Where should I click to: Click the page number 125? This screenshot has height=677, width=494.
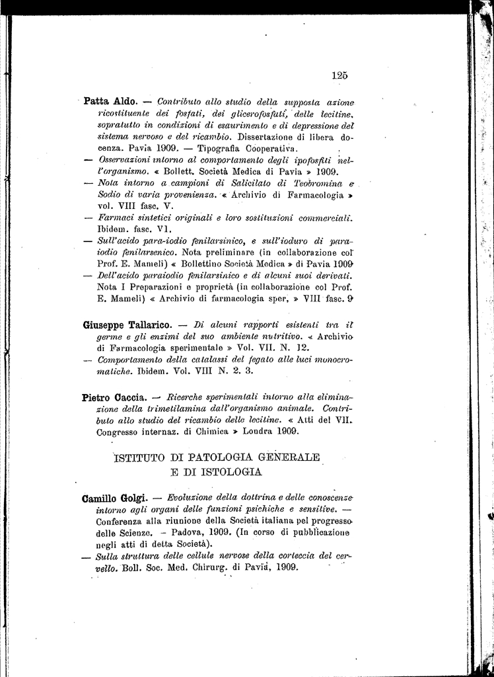(340, 75)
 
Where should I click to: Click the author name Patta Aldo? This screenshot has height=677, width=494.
(110, 102)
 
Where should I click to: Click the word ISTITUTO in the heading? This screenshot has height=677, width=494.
(140, 458)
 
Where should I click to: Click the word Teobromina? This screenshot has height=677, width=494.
(314, 183)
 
